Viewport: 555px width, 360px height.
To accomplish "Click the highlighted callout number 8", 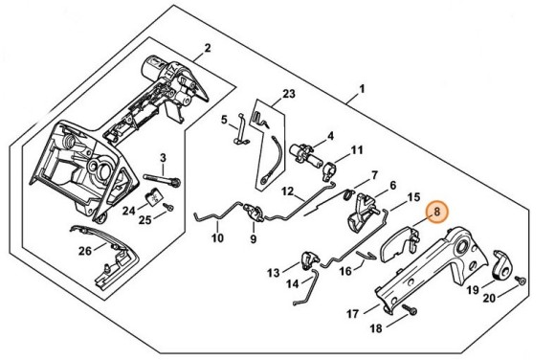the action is [436, 212].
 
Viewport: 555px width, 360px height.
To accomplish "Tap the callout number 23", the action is [289, 94].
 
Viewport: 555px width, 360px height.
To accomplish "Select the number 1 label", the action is [362, 89].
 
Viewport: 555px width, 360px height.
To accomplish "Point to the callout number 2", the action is [208, 48].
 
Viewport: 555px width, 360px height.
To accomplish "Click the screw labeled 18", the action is [411, 311].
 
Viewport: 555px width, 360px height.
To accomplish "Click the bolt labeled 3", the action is [162, 179].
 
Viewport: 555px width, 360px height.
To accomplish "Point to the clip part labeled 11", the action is [330, 169].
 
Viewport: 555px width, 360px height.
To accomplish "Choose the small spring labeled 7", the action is [349, 193].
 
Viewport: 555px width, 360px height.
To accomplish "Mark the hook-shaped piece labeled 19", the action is [503, 266].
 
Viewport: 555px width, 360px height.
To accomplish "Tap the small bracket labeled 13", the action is [308, 259].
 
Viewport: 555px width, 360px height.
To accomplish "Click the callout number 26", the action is [85, 251].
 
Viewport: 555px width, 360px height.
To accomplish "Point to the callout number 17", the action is [352, 314].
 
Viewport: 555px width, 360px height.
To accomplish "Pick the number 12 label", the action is [288, 191].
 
